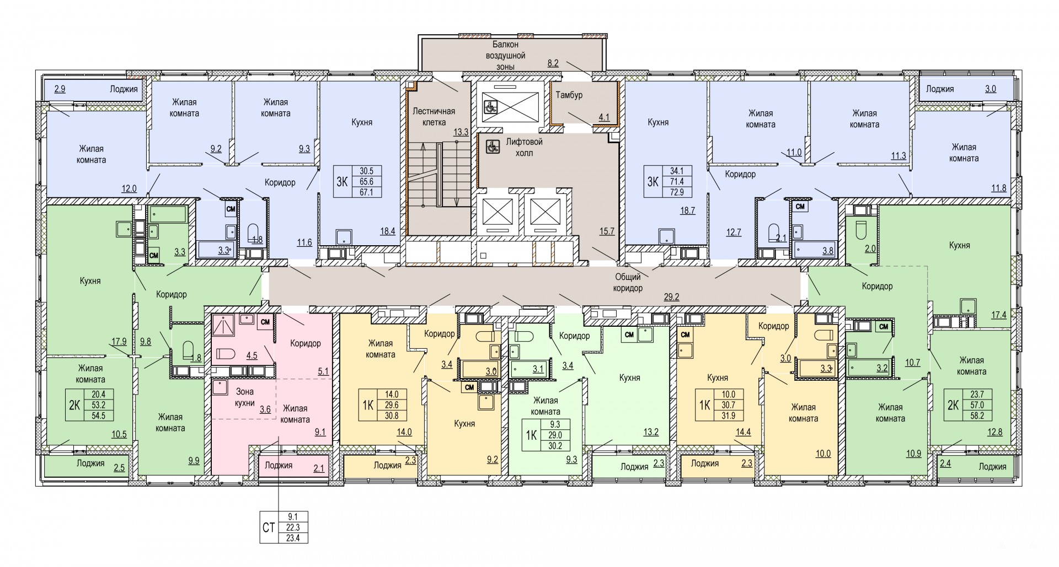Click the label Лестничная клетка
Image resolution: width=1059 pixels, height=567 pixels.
coord(434,116)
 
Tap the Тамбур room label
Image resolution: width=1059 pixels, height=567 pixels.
coord(569,95)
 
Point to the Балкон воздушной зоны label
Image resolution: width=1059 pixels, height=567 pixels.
coord(505,56)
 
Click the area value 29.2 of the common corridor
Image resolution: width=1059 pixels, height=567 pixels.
coord(671,297)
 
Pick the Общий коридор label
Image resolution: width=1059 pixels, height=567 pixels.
coord(629,283)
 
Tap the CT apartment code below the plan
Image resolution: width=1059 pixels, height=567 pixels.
coord(269,528)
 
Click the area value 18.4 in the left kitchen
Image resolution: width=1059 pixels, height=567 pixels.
coord(388,231)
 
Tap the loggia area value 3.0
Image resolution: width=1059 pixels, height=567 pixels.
coord(991,88)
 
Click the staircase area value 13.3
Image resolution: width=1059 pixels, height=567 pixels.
coord(461,132)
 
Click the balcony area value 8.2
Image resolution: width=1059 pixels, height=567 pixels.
coord(553,63)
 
